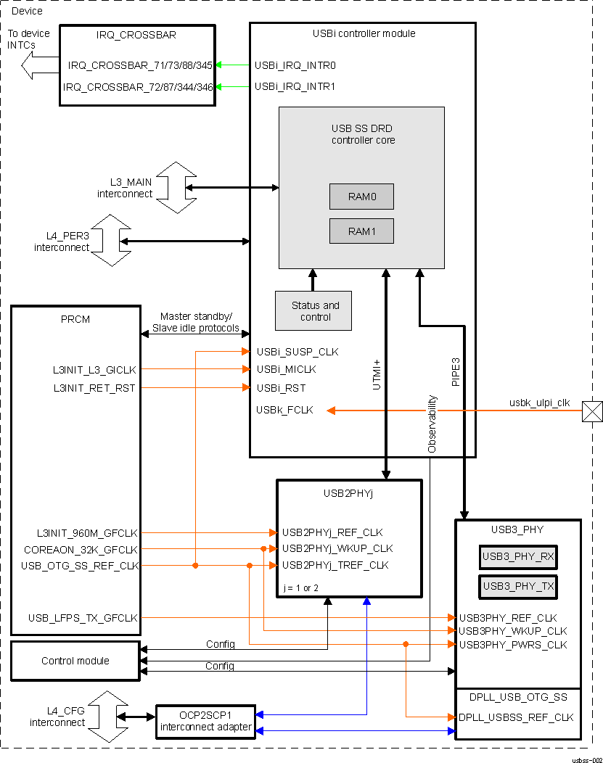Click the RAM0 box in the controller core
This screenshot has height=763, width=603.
[361, 197]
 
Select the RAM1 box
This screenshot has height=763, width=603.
[361, 231]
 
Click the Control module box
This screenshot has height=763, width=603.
[75, 661]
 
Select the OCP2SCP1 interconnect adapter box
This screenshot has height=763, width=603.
[206, 722]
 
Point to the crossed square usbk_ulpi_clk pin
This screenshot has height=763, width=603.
[592, 411]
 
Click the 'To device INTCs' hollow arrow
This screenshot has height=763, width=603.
[36, 66]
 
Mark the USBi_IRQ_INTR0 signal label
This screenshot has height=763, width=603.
[295, 65]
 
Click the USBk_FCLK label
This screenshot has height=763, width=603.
[284, 410]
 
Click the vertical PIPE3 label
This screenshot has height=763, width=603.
[456, 371]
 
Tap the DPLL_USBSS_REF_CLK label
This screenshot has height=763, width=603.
[516, 717]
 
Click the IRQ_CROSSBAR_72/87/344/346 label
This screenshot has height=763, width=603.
[138, 87]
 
